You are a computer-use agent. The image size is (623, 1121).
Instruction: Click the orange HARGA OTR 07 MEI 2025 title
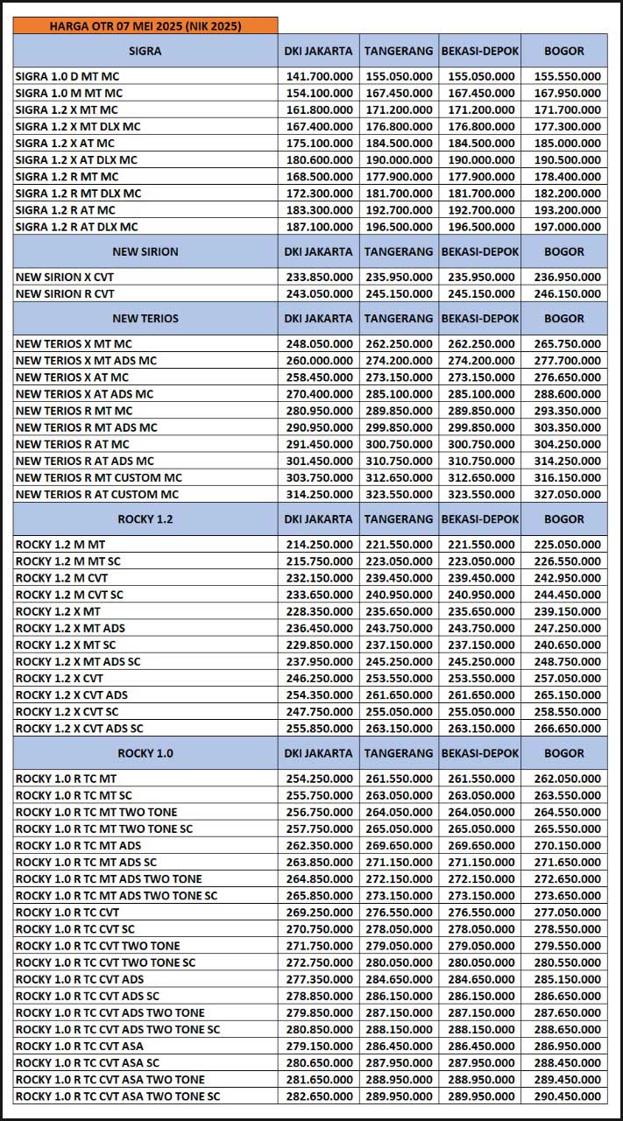point(145,25)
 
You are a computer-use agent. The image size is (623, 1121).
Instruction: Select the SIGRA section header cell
point(145,51)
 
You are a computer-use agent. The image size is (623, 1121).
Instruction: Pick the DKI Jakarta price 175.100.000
point(319,143)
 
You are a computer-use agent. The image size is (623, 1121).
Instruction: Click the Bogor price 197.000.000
point(566,227)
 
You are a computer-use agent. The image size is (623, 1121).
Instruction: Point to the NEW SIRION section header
point(145,251)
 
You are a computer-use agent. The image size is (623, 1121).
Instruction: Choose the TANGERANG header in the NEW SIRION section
point(399,251)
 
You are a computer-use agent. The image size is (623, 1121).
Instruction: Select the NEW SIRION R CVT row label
point(65,293)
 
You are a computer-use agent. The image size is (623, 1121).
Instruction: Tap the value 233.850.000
point(319,277)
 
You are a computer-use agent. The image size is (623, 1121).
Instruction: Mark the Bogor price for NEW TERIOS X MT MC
point(566,343)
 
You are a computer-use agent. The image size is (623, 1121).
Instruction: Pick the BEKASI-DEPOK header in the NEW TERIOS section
point(480,318)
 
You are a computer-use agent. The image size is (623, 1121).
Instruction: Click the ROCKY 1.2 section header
point(145,518)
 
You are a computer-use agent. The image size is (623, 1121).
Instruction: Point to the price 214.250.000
point(319,544)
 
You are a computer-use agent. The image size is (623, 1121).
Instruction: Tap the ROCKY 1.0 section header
point(145,752)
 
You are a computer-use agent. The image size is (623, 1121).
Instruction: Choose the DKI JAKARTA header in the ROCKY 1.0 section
point(319,752)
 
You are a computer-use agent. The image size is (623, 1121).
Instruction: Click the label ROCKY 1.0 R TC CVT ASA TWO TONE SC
point(117,1096)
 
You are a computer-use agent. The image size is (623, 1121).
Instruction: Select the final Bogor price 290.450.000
point(566,1096)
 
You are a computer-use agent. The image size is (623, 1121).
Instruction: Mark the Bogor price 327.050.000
point(566,494)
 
